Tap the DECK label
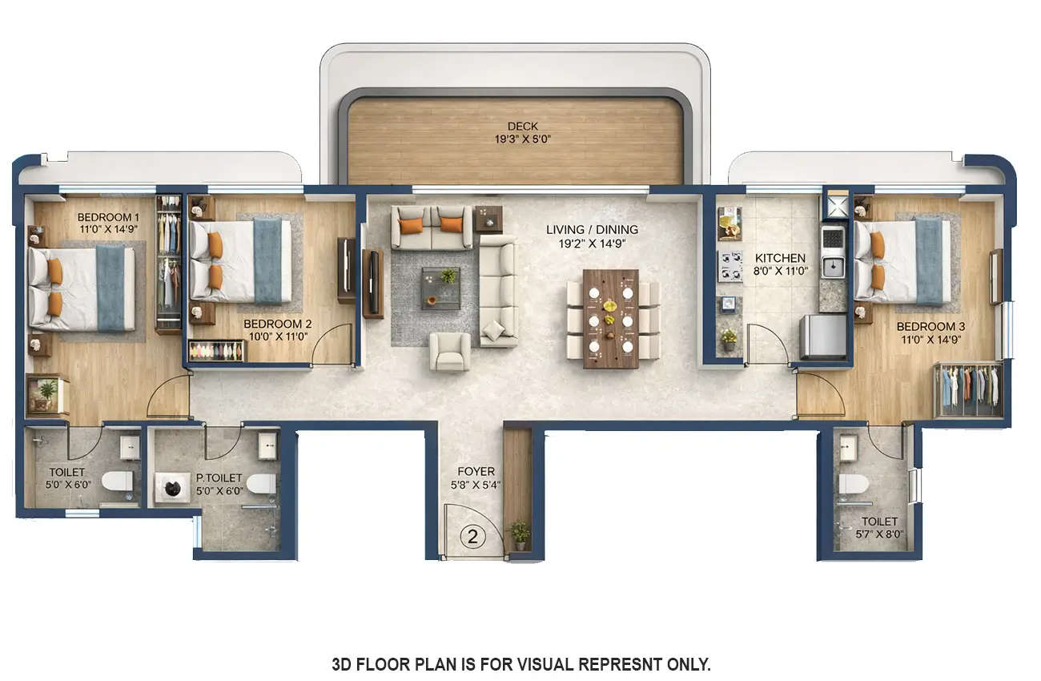point(522,126)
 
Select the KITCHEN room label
point(780,258)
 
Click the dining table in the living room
point(611,318)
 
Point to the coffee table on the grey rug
point(440,288)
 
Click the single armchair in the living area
point(450,352)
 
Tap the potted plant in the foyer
point(520,534)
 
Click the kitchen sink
point(833,266)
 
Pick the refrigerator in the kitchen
point(823,336)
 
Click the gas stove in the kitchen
point(730,267)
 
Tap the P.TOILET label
point(219,478)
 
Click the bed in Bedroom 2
point(239,260)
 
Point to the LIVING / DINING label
point(592,230)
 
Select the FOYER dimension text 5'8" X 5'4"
point(476,484)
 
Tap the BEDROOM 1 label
point(108,217)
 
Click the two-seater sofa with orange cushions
point(431,227)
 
